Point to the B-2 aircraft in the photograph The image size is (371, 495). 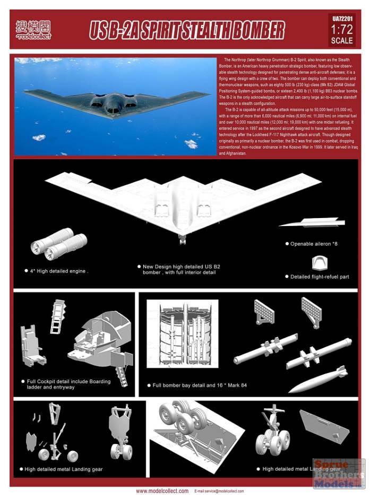pos(117,101)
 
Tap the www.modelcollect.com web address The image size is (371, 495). pos(162,491)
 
